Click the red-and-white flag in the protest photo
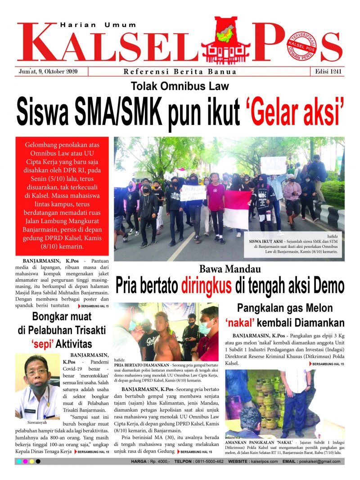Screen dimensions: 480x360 pos(237,208)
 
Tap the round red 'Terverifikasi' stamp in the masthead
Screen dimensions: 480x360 pos(301,47)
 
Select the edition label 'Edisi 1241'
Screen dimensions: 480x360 pos(326,72)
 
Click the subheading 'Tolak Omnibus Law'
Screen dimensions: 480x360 pos(180,86)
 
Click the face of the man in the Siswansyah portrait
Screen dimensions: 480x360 pos(37,373)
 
